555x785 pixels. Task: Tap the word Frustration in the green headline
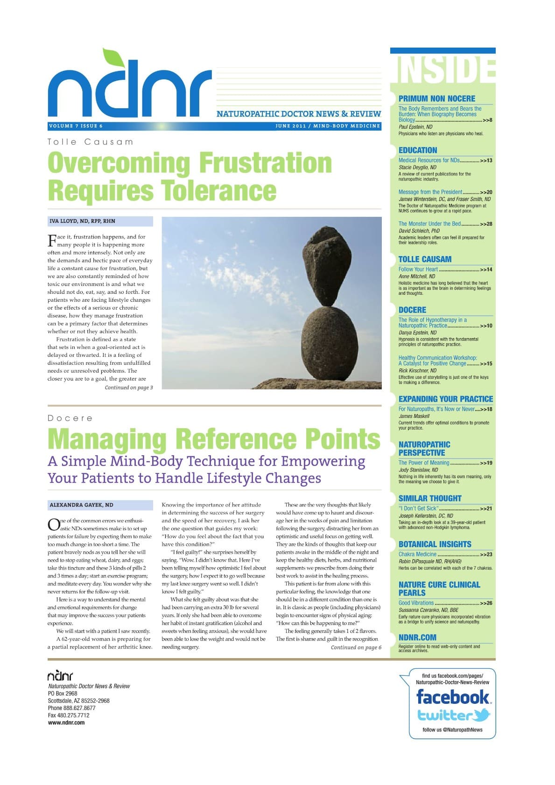[x=265, y=163]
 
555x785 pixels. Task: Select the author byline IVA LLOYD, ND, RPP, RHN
[x=82, y=221]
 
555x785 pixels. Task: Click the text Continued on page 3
[x=129, y=388]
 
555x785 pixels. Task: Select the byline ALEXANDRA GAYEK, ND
[x=81, y=505]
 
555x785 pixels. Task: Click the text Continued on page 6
[x=356, y=647]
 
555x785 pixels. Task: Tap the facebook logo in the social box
[x=452, y=697]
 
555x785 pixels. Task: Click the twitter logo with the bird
[x=453, y=715]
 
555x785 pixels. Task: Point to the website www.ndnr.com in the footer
[x=66, y=723]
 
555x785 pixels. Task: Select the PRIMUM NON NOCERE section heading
[x=436, y=98]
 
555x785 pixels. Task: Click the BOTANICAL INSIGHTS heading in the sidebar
[x=435, y=544]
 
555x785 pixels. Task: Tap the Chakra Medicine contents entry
[x=417, y=555]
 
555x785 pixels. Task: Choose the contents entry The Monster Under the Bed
[x=429, y=224]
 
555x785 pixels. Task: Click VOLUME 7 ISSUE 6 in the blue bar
[x=76, y=126]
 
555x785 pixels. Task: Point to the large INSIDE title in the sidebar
[x=445, y=70]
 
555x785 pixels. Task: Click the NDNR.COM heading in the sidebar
[x=417, y=638]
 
